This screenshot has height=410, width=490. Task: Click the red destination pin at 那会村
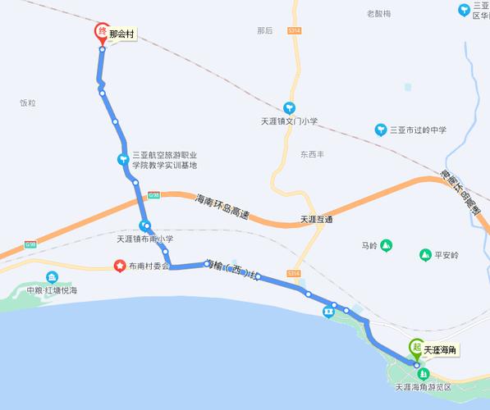tap(101, 33)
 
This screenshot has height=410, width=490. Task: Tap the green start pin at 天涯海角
tap(417, 348)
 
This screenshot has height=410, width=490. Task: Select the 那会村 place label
tap(121, 35)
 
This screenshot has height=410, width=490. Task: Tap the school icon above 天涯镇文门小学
tap(289, 107)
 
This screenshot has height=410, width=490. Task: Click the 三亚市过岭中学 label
tap(417, 130)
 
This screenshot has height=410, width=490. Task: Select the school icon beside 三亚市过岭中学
tap(380, 130)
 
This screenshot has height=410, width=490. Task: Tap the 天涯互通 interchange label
tap(316, 220)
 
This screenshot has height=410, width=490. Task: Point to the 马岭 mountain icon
tap(386, 244)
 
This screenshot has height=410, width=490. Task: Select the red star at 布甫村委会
tap(120, 266)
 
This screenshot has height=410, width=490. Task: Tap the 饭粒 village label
tap(29, 103)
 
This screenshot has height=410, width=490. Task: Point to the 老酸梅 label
tap(378, 14)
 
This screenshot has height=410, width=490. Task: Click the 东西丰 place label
tap(312, 154)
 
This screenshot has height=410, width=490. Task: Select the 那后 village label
tap(264, 30)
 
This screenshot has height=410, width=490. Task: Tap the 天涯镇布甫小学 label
tap(146, 239)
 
